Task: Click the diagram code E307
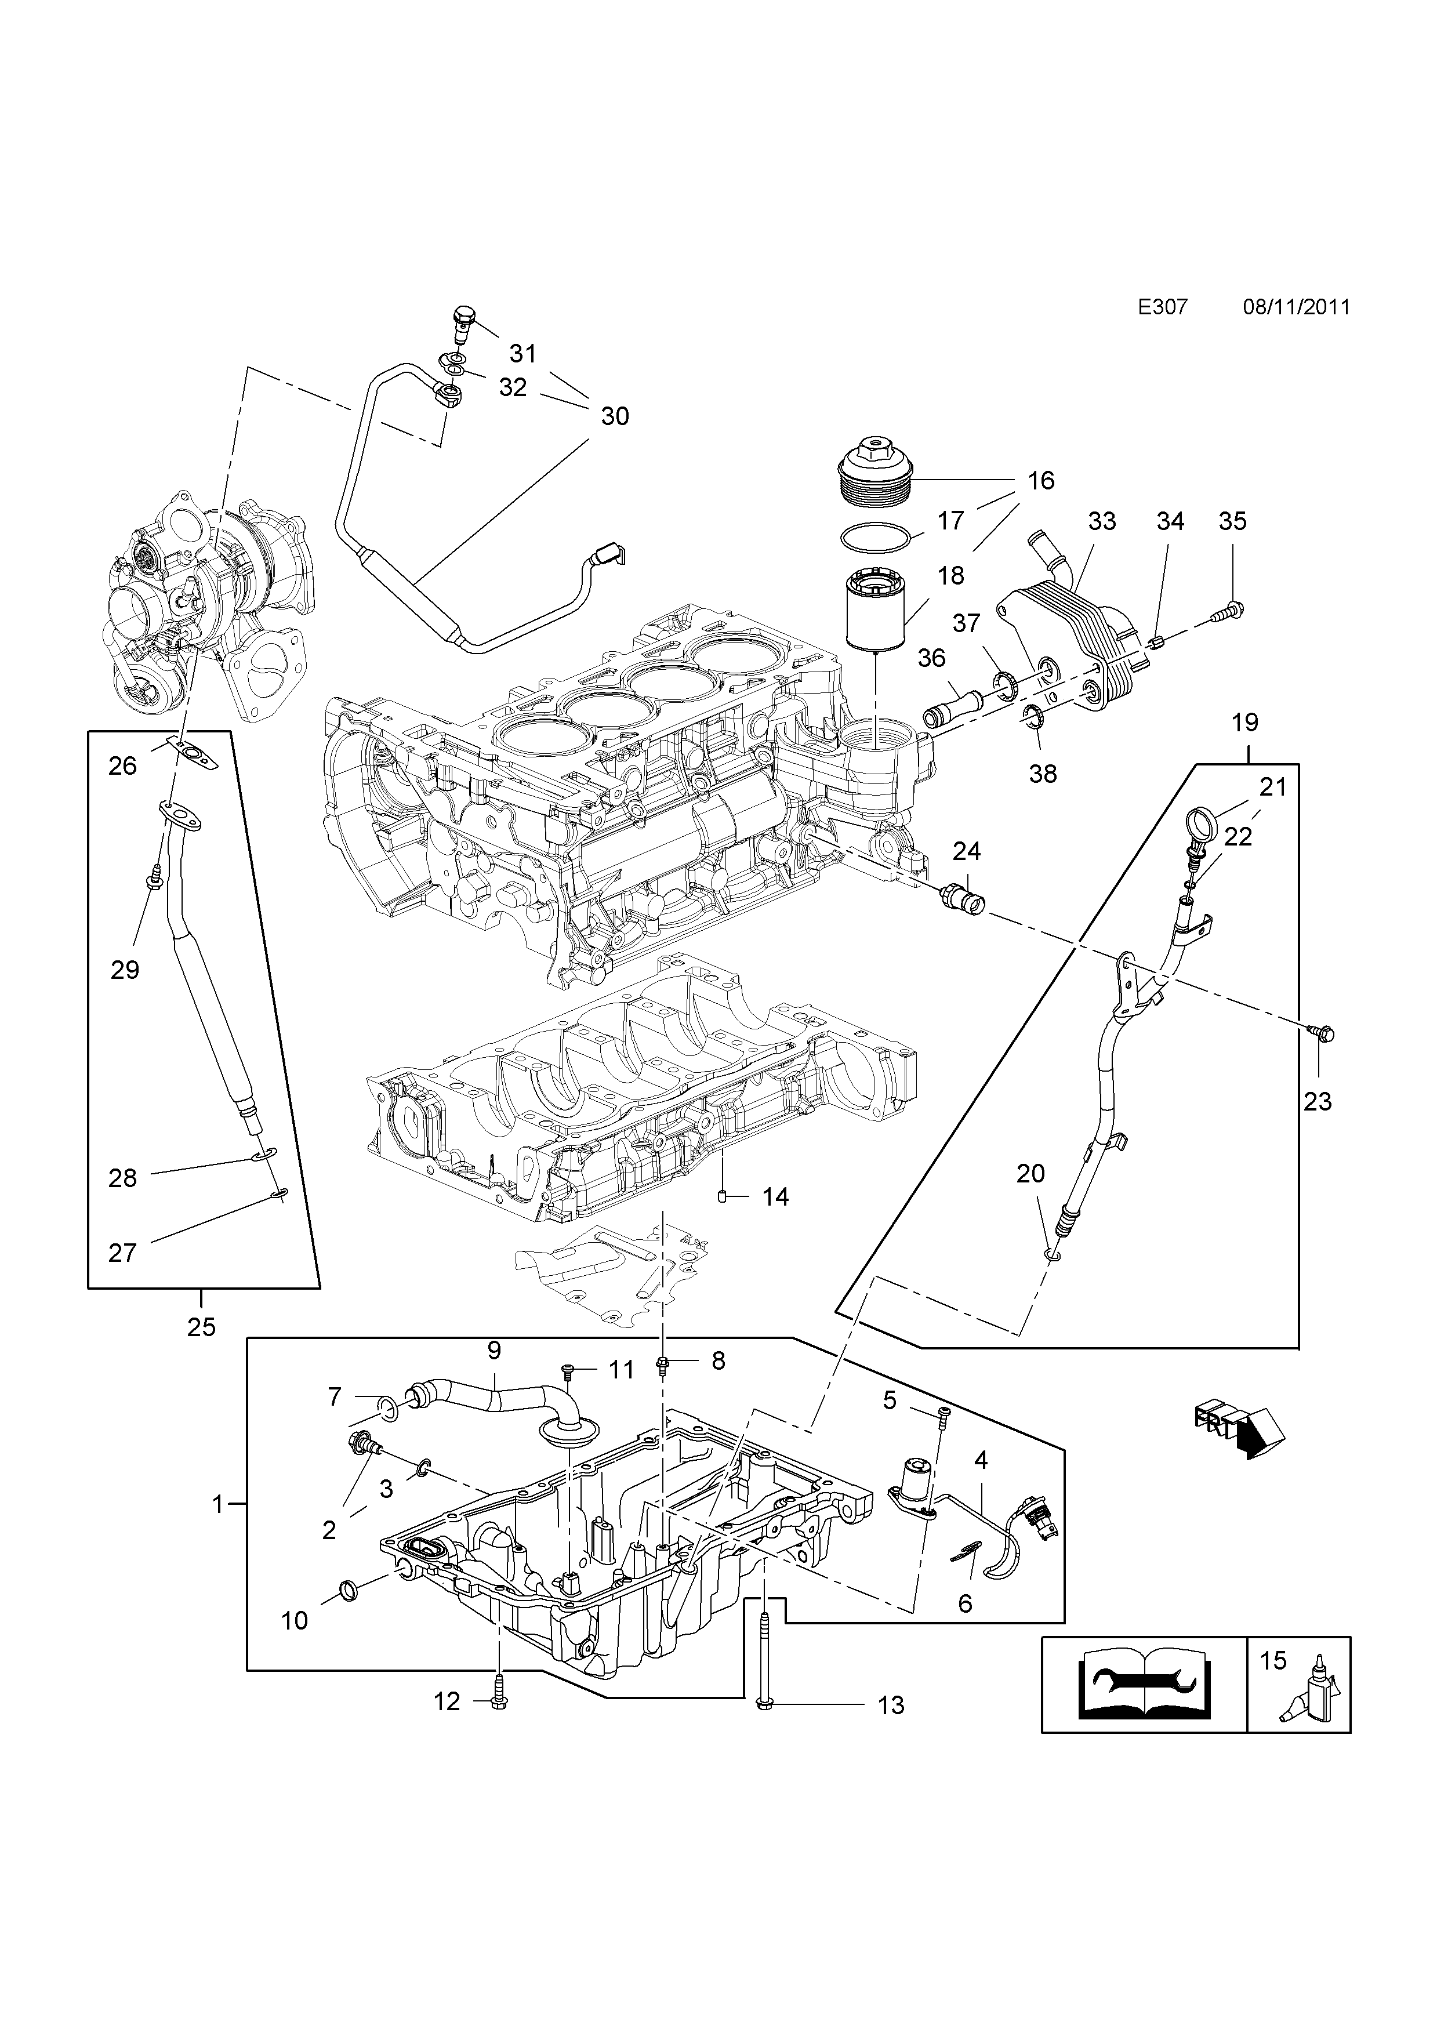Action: click(1162, 307)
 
